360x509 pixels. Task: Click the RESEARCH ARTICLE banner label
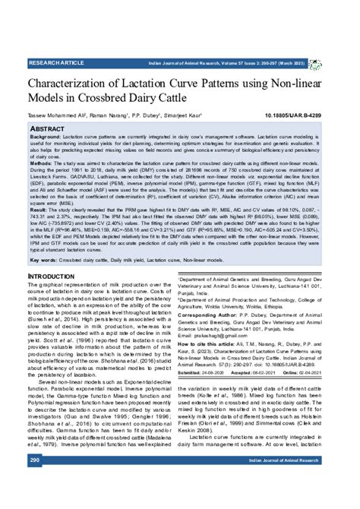[57, 61]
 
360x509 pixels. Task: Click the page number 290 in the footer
[35, 480]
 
